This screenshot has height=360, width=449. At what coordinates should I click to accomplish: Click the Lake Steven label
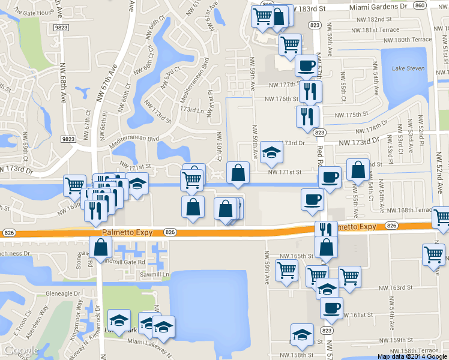point(408,68)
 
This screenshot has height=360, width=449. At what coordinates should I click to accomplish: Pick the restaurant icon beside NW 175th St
point(305,115)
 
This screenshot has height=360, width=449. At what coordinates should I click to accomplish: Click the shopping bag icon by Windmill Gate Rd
point(100,247)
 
